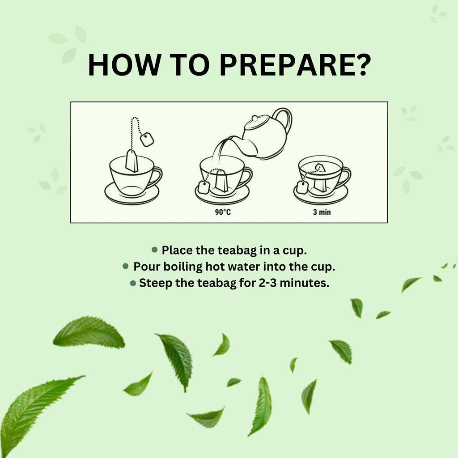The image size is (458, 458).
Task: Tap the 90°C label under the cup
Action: (222, 212)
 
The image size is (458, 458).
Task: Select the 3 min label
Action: (322, 212)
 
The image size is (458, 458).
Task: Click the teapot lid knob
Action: (254, 118)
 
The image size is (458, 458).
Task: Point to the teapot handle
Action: (285, 120)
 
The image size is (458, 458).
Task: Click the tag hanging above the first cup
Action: (147, 140)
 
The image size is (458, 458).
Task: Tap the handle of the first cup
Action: (157, 176)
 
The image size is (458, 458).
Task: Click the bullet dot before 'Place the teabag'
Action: (155, 249)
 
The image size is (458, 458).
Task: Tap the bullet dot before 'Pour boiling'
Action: (126, 266)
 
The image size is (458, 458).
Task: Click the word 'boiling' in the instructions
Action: (182, 267)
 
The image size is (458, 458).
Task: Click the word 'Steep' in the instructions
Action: (154, 283)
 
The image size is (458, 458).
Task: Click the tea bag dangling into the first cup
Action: (132, 161)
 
